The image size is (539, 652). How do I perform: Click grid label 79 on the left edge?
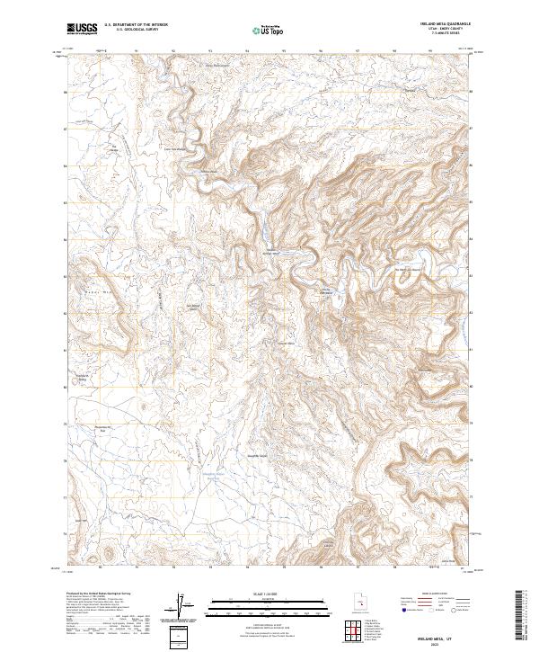coord(65,424)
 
